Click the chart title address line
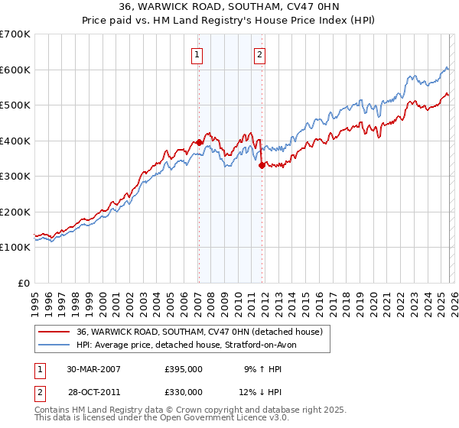point(229,7)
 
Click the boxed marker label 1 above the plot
point(197,54)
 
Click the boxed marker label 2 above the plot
point(260,54)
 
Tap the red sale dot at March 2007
point(199,142)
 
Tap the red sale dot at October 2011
point(262,165)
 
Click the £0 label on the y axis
point(24,283)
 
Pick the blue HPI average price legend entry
point(190,345)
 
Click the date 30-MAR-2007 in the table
point(93,369)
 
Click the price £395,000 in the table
point(183,369)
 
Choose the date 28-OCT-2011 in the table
point(93,392)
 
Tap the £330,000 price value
point(183,392)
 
